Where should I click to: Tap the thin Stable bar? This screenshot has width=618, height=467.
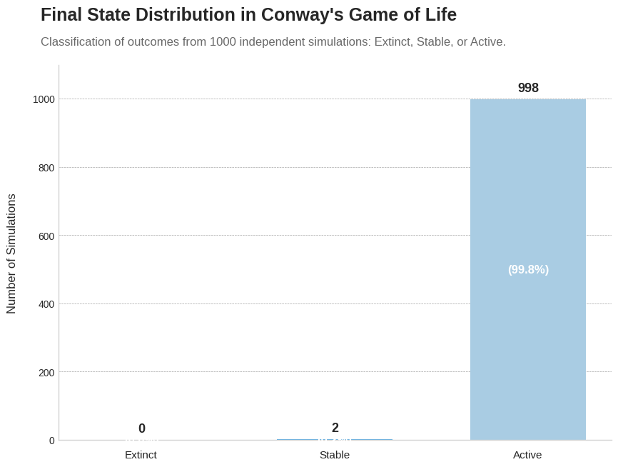click(335, 439)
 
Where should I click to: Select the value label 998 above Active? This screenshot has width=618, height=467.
click(528, 88)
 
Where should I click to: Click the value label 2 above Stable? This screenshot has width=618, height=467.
click(335, 428)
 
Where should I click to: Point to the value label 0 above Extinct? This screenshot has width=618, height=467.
click(142, 428)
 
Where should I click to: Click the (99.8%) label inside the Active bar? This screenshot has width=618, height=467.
click(528, 269)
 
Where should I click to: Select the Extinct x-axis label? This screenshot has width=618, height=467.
click(141, 455)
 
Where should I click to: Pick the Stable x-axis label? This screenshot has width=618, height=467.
click(335, 455)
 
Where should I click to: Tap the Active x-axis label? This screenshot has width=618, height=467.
click(527, 455)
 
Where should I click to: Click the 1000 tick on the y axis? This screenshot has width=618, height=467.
click(44, 99)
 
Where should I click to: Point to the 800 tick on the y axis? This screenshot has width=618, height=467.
click(46, 168)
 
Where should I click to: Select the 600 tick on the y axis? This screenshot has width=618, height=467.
click(46, 236)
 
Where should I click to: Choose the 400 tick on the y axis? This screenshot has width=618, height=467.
click(46, 304)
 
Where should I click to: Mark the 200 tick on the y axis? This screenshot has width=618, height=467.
click(46, 372)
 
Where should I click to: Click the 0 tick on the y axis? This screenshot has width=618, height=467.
click(52, 441)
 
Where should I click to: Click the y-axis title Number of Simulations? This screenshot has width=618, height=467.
click(11, 253)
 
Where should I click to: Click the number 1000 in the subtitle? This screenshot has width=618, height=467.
click(223, 42)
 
